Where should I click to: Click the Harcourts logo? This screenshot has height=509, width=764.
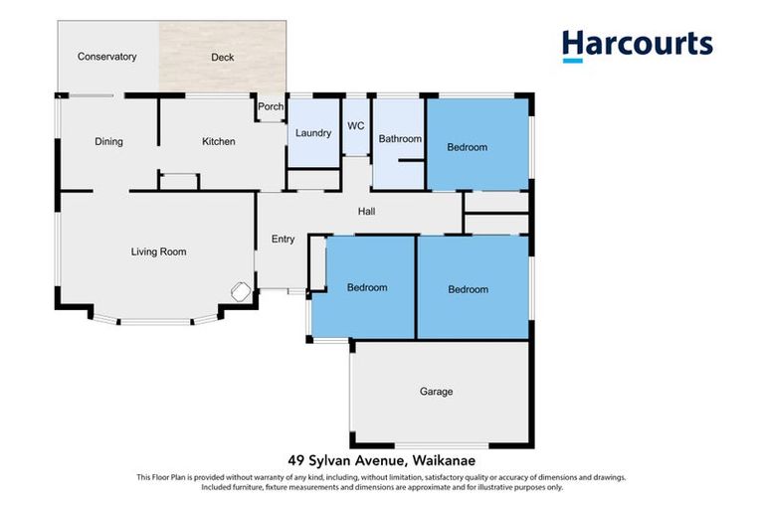coord(637,45)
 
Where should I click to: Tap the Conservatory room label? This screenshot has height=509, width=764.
coord(106,57)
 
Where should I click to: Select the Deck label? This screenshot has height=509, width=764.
coord(223,58)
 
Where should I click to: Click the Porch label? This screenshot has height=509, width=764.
coord(271,107)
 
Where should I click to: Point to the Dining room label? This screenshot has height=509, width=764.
coord(108,142)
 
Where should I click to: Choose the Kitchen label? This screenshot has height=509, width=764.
coord(219,142)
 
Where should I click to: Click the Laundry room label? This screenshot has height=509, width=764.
coord(312,133)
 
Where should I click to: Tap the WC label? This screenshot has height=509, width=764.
coord(356,126)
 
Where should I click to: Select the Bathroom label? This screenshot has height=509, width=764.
coord(400,139)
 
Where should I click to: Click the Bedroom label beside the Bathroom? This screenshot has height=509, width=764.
coord(467,147)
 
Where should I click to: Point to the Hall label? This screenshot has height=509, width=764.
coord(367,211)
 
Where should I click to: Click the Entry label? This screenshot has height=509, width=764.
coord(284,239)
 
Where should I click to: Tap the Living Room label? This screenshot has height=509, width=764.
coord(159,253)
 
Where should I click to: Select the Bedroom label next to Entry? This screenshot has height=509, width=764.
coord(366,288)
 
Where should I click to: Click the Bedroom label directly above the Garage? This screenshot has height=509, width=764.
coord(468,289)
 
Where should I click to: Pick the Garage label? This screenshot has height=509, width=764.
coord(436,392)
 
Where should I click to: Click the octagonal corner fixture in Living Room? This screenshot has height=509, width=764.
coord(241,292)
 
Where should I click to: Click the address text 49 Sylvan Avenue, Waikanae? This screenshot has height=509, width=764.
coord(381,459)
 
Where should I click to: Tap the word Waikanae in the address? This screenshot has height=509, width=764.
coord(442,459)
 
